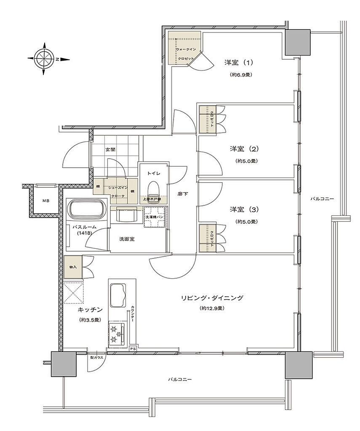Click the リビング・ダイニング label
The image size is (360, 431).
pyautogui.click(x=212, y=298)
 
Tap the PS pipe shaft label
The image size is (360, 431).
pyautogui.click(x=133, y=349)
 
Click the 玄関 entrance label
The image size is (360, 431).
pyautogui.click(x=110, y=149)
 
